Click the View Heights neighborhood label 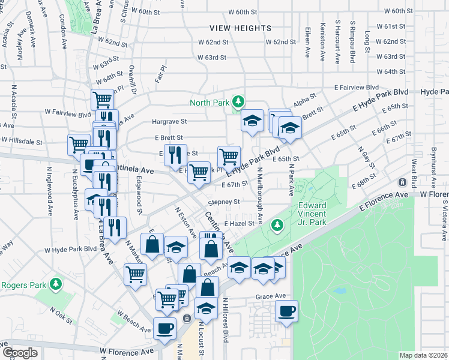pyautogui.click(x=240, y=28)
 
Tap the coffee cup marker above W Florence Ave pyautogui.click(x=164, y=328)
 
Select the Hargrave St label pyautogui.click(x=169, y=121)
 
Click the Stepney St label pyautogui.click(x=224, y=202)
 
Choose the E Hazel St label pyautogui.click(x=240, y=223)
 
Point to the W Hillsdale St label pyautogui.click(x=22, y=142)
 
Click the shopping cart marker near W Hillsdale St pyautogui.click(x=79, y=145)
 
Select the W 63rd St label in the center pyautogui.click(x=212, y=58)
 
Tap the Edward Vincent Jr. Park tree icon pyautogui.click(x=277, y=225)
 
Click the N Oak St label pyautogui.click(x=60, y=314)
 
